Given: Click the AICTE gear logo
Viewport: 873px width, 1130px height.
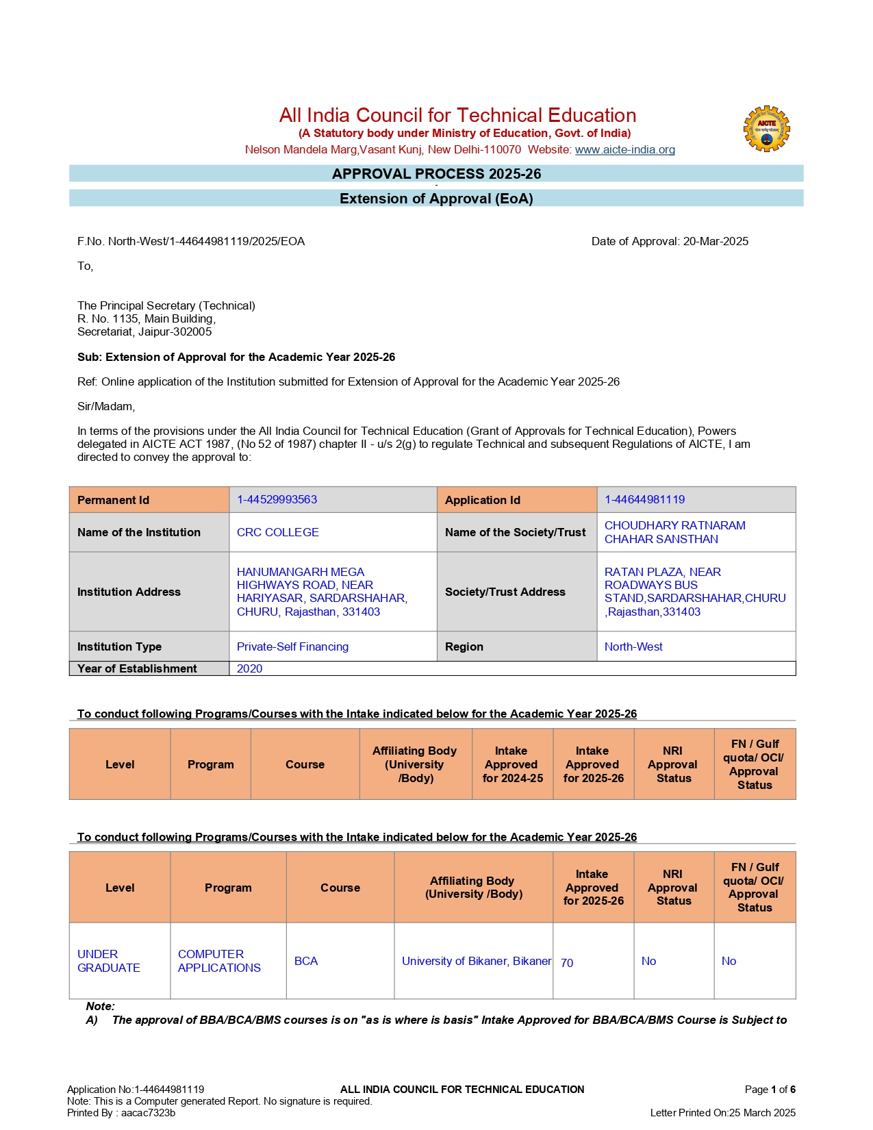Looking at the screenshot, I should tap(766, 129).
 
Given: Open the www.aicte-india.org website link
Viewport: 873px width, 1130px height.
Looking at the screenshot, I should tap(624, 149).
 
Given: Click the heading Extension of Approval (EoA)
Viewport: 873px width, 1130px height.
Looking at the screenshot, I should tap(436, 199).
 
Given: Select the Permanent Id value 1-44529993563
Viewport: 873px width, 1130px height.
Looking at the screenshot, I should tap(277, 499).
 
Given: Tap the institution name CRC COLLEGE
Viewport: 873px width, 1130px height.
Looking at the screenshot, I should tap(277, 532).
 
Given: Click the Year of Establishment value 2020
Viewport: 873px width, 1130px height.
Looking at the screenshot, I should tap(249, 668).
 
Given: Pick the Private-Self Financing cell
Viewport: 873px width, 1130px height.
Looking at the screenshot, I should tap(292, 646).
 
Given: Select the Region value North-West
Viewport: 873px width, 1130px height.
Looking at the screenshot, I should tap(633, 646).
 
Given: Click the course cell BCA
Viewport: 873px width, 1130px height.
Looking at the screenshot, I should tap(305, 961).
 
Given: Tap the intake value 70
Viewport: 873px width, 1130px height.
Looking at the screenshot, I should tap(567, 963).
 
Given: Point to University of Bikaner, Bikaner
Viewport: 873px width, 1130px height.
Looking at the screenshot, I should tap(476, 961).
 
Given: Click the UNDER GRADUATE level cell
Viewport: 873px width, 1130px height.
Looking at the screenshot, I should tap(108, 961).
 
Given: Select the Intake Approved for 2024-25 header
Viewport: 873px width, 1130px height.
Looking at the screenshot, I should tap(512, 764).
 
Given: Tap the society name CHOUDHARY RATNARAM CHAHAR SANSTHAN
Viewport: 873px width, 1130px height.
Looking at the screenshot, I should tap(674, 532).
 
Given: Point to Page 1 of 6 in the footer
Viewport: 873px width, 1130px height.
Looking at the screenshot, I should tap(770, 1089).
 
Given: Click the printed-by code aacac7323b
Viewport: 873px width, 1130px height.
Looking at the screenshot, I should tap(148, 1112).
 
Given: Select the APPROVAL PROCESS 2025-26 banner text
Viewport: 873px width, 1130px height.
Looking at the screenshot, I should tap(436, 174).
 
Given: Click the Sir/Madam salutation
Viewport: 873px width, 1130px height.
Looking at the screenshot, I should tap(106, 406).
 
